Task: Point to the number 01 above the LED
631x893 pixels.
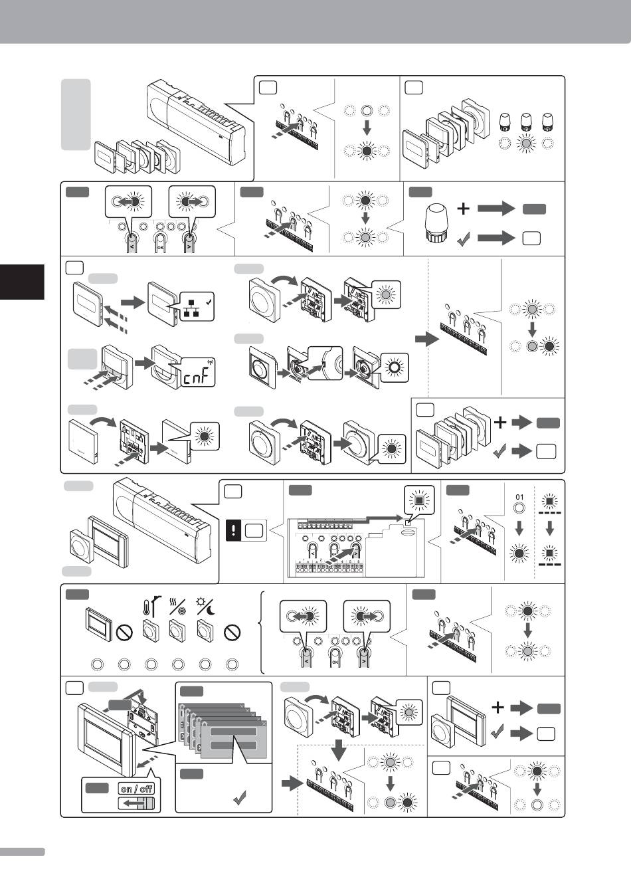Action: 521,497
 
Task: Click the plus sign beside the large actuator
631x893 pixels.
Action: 463,209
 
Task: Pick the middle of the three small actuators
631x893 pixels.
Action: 526,122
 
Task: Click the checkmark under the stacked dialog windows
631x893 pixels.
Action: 240,801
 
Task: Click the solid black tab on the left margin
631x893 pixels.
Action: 22,282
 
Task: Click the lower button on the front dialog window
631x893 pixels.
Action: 233,745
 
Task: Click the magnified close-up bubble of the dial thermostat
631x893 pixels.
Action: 325,362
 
